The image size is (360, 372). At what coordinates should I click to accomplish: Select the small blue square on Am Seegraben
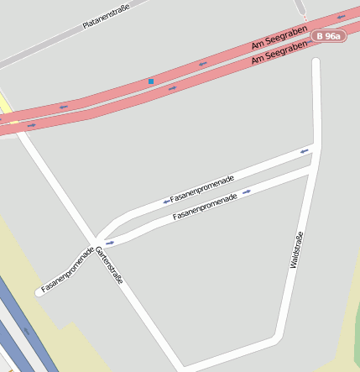[x=151, y=81]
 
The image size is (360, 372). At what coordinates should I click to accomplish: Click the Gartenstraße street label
[x=109, y=265]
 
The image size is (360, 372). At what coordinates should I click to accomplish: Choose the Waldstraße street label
[x=296, y=249]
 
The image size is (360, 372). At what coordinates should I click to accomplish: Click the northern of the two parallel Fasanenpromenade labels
[x=202, y=189]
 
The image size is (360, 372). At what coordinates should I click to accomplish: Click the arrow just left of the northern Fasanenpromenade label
[x=166, y=202]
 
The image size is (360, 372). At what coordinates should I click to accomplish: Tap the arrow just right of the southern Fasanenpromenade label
[x=246, y=191]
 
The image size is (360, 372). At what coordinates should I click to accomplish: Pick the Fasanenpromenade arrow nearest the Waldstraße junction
[x=304, y=151]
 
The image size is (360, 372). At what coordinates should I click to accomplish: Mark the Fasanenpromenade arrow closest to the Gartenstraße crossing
[x=109, y=243]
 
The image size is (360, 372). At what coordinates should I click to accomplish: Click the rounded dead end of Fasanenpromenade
[x=39, y=292]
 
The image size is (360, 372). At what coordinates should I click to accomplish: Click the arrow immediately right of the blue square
[x=172, y=88]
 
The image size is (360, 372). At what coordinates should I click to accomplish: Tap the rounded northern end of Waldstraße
[x=316, y=62]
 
